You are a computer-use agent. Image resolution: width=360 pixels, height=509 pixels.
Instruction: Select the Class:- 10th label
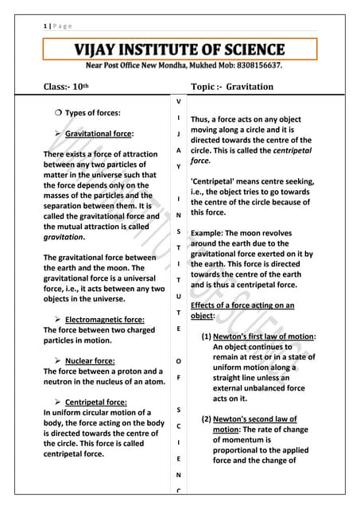tap(69, 86)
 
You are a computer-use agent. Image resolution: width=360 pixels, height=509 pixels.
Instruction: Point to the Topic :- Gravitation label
tap(232, 86)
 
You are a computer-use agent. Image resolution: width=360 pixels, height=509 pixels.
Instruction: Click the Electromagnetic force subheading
tap(104, 319)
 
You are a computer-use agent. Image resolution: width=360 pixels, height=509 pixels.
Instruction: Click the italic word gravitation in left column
tap(64, 237)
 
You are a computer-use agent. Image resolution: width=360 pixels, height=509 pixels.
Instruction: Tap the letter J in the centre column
tap(178, 133)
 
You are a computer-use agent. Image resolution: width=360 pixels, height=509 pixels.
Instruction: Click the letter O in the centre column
tap(178, 361)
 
